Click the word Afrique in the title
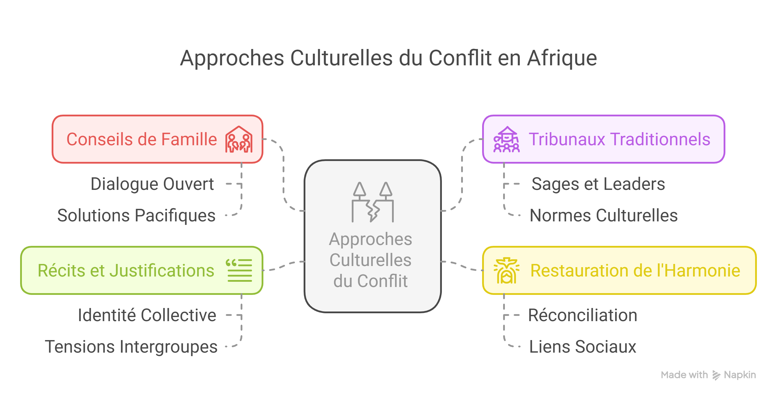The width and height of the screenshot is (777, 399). [562, 58]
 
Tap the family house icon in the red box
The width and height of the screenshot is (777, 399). [239, 139]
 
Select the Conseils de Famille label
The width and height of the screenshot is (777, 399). [141, 139]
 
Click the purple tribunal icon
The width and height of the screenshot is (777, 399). [506, 139]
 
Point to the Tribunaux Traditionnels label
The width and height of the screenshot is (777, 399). [619, 139]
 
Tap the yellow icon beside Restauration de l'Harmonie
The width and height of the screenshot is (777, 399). [506, 271]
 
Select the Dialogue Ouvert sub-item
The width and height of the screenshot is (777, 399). [152, 184]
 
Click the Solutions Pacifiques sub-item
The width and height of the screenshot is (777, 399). [136, 215]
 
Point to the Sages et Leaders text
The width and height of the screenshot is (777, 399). [598, 184]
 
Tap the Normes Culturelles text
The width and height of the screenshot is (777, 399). [603, 215]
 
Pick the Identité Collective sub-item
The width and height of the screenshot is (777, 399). [147, 315]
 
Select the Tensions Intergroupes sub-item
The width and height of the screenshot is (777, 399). [131, 346]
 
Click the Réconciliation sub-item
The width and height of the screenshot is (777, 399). [582, 315]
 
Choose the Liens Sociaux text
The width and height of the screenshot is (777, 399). [582, 346]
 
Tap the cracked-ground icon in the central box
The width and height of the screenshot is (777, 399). [372, 202]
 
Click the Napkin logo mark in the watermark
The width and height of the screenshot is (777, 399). [716, 375]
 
